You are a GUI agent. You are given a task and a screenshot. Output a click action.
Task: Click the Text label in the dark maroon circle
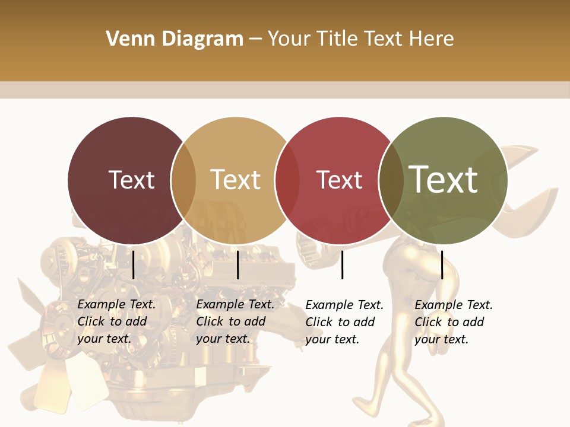click(x=131, y=180)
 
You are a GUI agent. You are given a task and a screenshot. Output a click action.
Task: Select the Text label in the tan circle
click(x=236, y=180)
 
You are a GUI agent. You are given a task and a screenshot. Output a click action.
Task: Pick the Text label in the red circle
click(x=339, y=180)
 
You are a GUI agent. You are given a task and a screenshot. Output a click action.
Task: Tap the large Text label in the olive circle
click(x=444, y=179)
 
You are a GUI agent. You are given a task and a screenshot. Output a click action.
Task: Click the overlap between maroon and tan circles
click(x=183, y=180)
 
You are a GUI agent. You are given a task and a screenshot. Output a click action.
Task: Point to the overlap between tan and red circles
click(x=287, y=180)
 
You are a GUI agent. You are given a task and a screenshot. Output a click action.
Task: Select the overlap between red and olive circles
click(x=391, y=180)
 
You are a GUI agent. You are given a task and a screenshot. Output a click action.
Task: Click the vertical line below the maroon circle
click(x=134, y=265)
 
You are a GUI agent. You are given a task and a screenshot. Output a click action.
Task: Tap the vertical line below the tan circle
click(x=237, y=265)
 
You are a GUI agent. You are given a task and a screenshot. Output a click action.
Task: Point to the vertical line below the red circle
click(x=343, y=265)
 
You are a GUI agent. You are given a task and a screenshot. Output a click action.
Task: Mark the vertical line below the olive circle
click(x=442, y=265)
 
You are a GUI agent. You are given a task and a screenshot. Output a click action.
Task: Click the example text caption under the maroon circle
click(x=116, y=321)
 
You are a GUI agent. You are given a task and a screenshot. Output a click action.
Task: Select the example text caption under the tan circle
click(x=235, y=321)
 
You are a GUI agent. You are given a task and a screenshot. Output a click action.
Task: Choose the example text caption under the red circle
click(x=344, y=322)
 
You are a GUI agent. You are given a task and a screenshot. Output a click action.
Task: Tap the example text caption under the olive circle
click(x=454, y=322)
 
